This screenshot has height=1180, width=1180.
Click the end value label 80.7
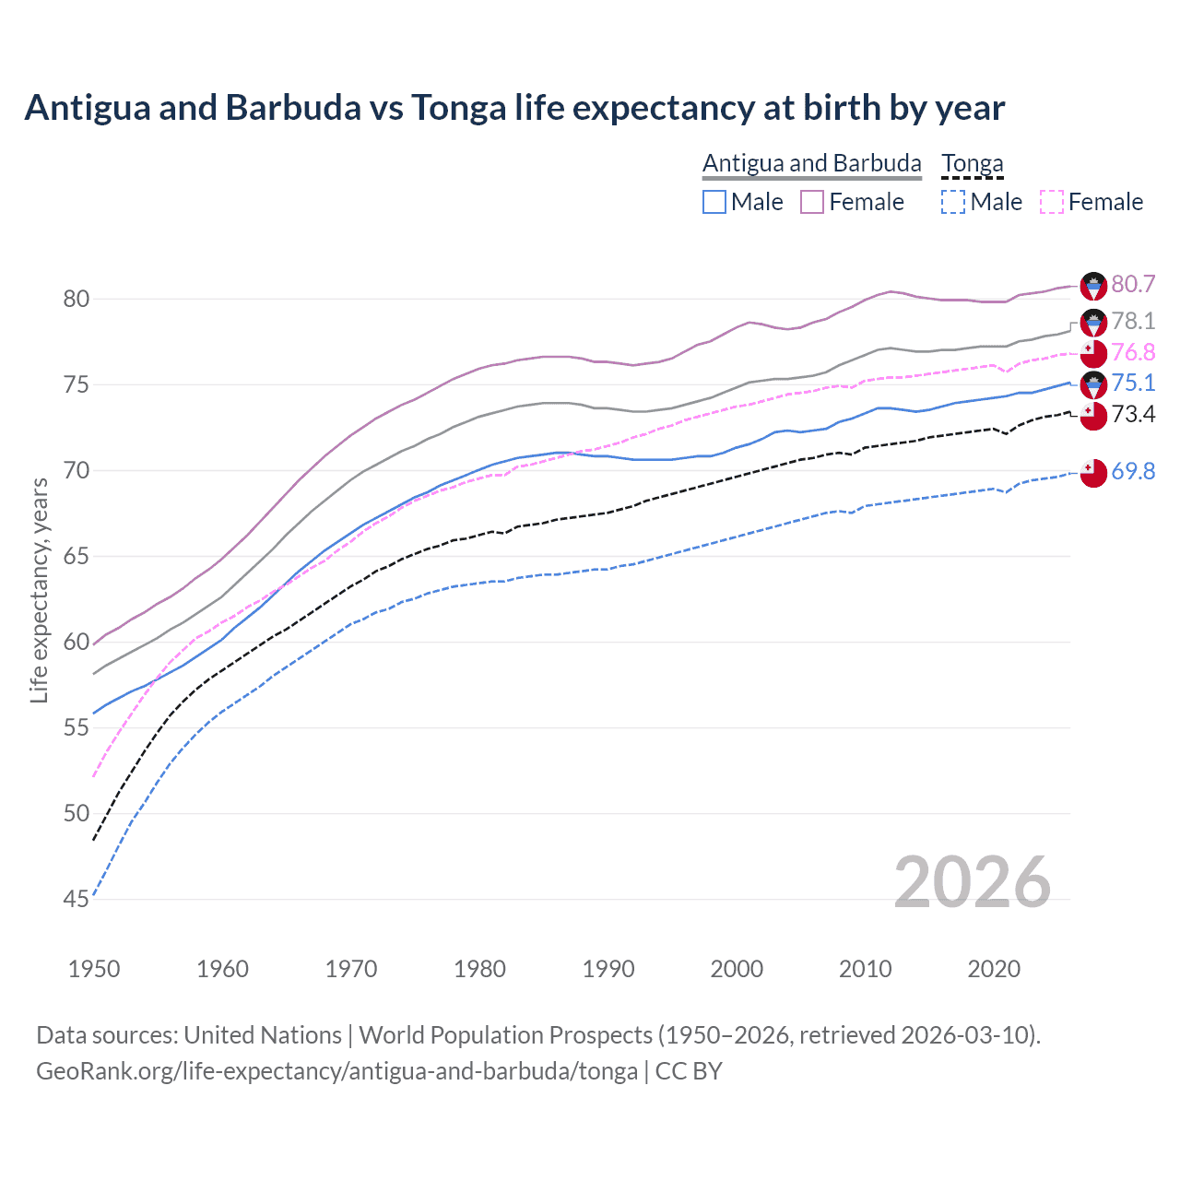[1133, 285]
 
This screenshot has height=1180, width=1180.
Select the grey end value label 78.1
[1133, 321]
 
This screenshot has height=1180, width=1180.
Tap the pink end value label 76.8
[1133, 352]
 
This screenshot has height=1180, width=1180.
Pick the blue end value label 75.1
[1133, 383]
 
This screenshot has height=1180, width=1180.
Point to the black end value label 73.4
[1133, 414]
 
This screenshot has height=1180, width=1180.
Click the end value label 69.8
[1133, 471]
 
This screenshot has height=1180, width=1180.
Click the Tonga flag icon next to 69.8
[1093, 472]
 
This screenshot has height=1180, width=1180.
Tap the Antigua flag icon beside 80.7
[1093, 286]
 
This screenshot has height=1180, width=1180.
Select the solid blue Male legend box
[714, 202]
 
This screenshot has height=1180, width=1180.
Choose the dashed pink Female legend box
[1052, 202]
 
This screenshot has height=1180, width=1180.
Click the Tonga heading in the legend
[972, 164]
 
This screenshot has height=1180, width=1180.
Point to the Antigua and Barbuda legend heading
[812, 164]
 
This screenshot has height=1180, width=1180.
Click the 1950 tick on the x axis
[94, 969]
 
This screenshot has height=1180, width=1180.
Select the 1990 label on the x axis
[608, 969]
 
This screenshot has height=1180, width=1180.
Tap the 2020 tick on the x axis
[994, 969]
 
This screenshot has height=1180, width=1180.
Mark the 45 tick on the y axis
[77, 899]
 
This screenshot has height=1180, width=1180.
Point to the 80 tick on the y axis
[77, 299]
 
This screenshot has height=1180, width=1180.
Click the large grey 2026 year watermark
[973, 882]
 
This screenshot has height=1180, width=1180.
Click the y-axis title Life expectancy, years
[40, 590]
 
